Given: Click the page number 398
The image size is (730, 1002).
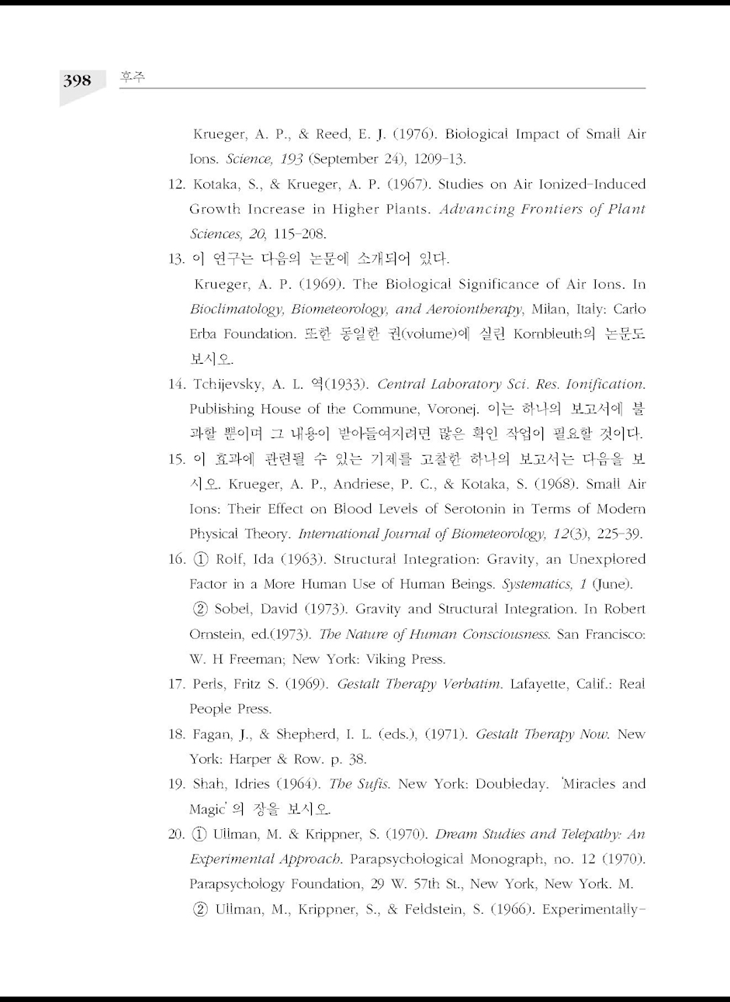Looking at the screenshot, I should [77, 81].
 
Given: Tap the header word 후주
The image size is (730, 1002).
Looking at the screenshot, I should [133, 78].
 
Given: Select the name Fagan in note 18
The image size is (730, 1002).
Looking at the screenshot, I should [210, 734].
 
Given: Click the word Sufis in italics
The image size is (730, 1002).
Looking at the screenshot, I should [375, 784].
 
